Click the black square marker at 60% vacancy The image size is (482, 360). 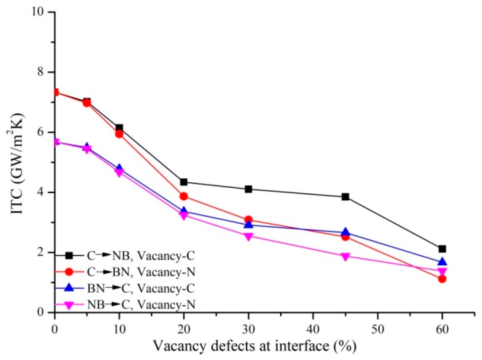point(442,249)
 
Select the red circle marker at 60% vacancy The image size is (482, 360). point(442,279)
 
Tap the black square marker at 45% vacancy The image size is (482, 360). point(345,197)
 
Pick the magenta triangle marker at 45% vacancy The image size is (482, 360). point(345,257)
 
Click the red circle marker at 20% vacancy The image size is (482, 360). point(184,196)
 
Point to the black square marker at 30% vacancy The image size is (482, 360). point(248,189)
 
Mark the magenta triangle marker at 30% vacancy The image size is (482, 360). point(248,236)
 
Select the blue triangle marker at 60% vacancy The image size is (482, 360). point(442,262)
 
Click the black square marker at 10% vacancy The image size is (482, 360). point(119,128)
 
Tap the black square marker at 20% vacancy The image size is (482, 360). point(184,182)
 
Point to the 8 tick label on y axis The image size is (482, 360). point(43,72)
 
